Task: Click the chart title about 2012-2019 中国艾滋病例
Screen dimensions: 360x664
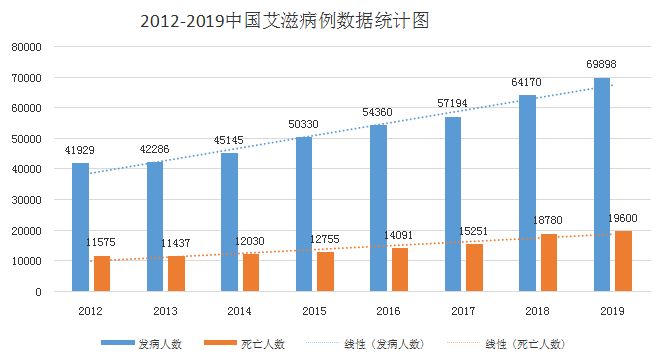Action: [284, 21]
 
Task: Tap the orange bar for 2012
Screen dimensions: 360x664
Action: [102, 274]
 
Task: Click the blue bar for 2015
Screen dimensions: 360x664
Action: [303, 214]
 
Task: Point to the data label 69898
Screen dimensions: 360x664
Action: [602, 65]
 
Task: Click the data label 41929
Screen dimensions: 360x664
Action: [81, 150]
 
